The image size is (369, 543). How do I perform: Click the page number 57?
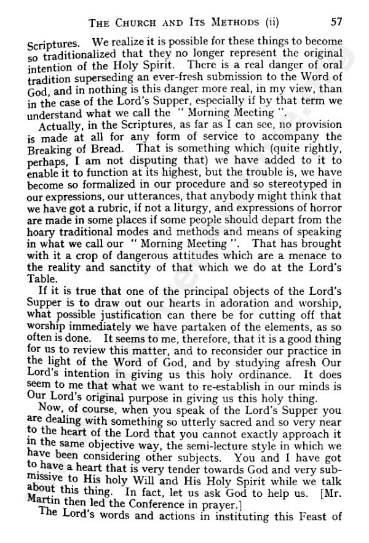click(336, 22)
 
